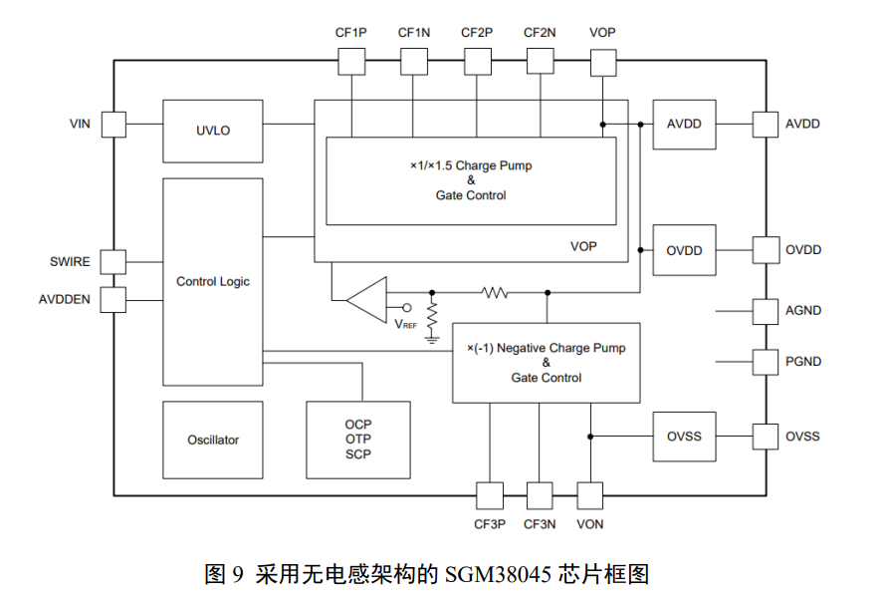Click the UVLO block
(x=212, y=130)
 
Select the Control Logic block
(x=212, y=282)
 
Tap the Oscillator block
(x=212, y=440)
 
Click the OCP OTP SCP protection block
(x=358, y=440)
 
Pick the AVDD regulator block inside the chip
(x=684, y=125)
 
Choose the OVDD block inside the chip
(x=684, y=250)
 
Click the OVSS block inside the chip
(x=684, y=437)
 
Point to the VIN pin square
(x=113, y=125)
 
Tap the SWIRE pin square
(x=113, y=262)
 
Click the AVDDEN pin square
(x=113, y=299)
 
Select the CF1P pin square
(x=351, y=62)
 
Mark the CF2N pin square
(x=541, y=62)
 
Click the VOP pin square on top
(x=602, y=62)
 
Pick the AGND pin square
(x=765, y=311)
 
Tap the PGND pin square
(x=765, y=362)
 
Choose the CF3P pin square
(x=490, y=494)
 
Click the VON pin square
(x=590, y=494)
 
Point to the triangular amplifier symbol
(x=366, y=299)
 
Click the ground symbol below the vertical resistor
(x=432, y=338)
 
